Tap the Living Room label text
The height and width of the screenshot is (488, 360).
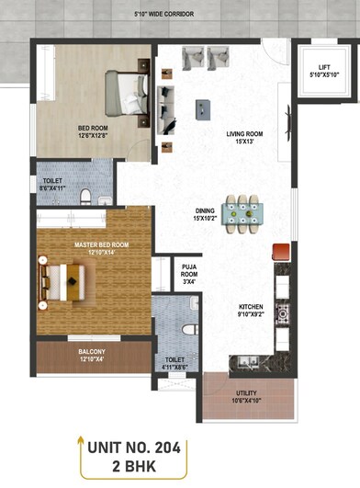coord(245,134)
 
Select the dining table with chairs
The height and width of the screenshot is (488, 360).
coord(241,213)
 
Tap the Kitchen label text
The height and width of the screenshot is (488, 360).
coord(251,309)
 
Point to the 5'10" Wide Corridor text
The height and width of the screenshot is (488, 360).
coord(179,16)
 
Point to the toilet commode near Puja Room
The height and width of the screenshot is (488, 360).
coord(187,328)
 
